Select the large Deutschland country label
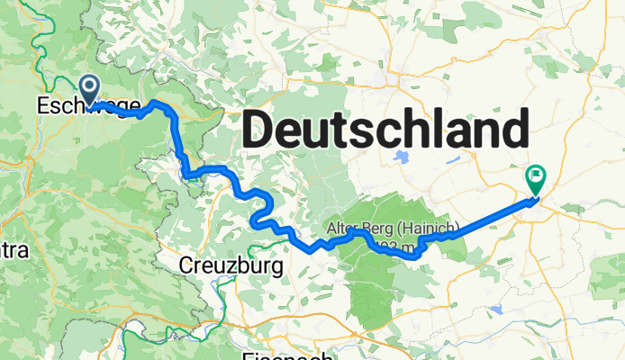[385, 131]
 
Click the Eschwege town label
[88, 106]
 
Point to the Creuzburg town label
[231, 265]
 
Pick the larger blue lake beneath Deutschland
[402, 157]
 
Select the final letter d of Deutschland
[513, 131]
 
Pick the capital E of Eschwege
[42, 106]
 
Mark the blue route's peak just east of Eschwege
[159, 103]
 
